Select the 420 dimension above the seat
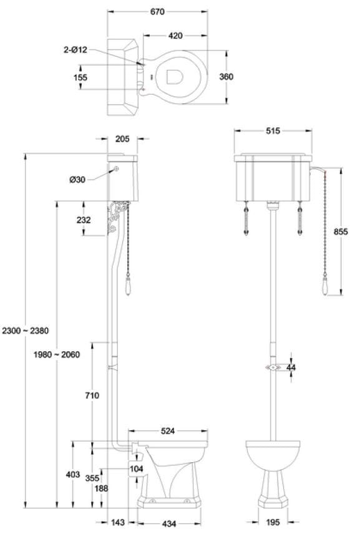pyautogui.click(x=175, y=36)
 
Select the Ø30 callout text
pyautogui.click(x=78, y=180)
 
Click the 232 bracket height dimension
pyautogui.click(x=83, y=220)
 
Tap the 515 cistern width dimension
pyautogui.click(x=273, y=131)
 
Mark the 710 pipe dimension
pyautogui.click(x=92, y=395)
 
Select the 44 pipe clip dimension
pyautogui.click(x=291, y=367)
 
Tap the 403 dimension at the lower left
pyautogui.click(x=72, y=475)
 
